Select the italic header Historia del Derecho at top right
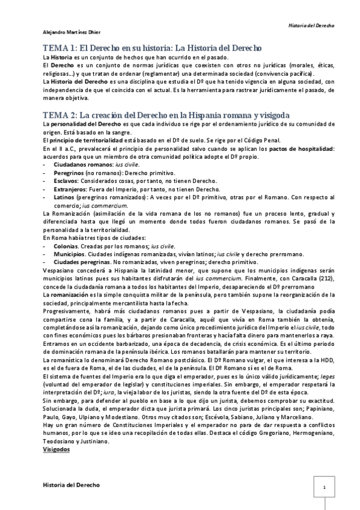pos(311,26)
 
